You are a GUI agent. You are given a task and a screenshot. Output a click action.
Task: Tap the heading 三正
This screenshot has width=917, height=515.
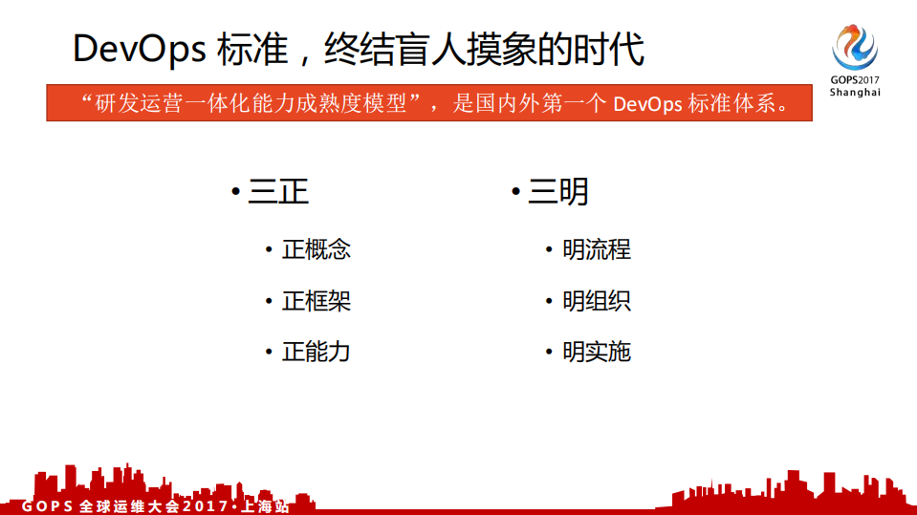click(278, 192)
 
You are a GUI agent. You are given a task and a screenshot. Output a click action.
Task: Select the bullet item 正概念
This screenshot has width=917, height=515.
click(317, 249)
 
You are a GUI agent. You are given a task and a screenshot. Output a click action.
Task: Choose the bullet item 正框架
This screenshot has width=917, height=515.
click(317, 301)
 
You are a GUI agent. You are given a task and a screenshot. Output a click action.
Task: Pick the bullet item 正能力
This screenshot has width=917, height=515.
click(317, 352)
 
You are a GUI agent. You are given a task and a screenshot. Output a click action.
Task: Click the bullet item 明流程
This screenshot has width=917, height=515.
click(597, 249)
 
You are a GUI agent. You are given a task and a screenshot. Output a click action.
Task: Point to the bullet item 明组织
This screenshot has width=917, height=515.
click(597, 301)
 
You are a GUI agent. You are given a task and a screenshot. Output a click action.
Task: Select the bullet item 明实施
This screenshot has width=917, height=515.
click(597, 352)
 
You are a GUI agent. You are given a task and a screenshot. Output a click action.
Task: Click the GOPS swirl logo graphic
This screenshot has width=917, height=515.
click(854, 45)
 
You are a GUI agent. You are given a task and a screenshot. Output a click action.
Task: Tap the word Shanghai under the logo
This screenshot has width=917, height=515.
click(855, 93)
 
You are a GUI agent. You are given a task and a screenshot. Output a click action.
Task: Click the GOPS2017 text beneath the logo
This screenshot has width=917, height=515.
click(855, 80)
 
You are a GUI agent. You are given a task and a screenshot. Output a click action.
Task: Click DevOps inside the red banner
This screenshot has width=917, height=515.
click(646, 103)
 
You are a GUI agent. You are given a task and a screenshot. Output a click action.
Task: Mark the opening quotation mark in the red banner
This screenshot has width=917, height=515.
click(87, 98)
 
